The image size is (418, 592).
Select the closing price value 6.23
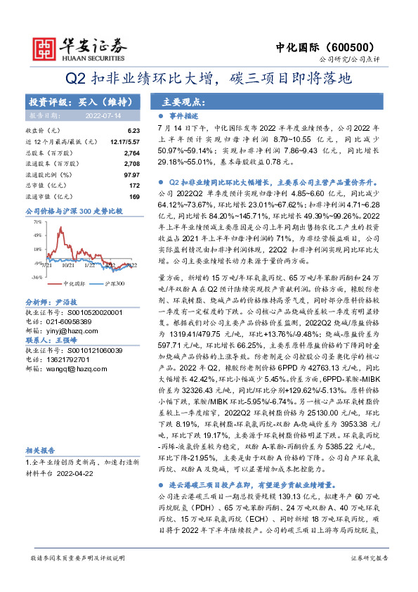pyautogui.click(x=135, y=131)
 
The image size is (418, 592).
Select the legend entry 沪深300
pyautogui.click(x=115, y=283)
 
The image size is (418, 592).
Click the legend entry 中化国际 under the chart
pyautogui.click(x=74, y=283)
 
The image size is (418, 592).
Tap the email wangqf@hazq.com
pyautogui.click(x=68, y=368)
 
